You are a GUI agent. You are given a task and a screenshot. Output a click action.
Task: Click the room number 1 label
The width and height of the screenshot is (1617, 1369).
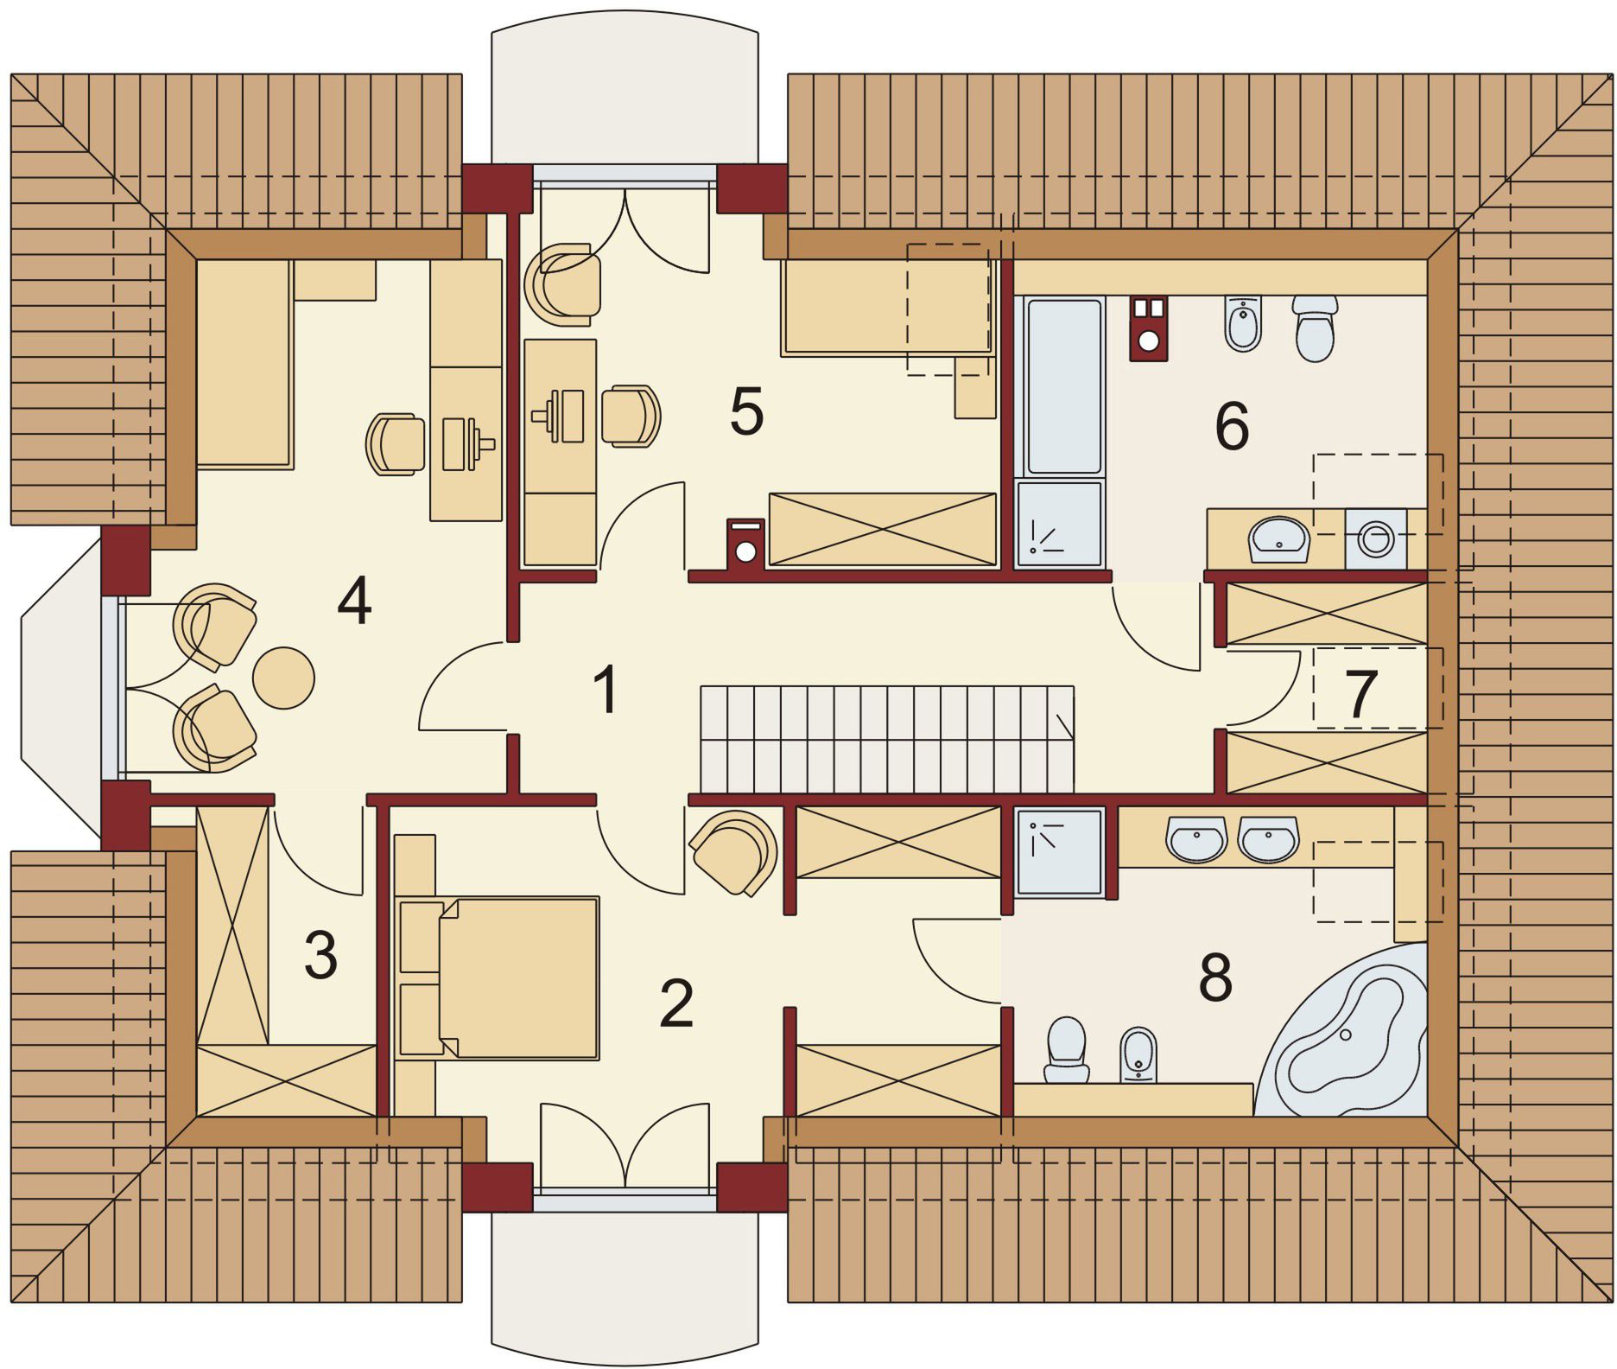coord(608,690)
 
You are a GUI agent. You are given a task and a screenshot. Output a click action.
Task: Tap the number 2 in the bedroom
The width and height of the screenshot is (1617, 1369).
coord(676,1003)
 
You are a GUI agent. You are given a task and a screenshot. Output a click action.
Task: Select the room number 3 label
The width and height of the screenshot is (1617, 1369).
coord(320,956)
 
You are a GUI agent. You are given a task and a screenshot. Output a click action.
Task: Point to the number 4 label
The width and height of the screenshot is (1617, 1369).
coord(354,601)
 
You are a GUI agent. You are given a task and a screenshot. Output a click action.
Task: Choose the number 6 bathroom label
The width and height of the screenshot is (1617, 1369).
coord(1232,426)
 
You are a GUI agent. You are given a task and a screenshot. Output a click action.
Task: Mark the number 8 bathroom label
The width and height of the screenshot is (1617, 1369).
coord(1215,977)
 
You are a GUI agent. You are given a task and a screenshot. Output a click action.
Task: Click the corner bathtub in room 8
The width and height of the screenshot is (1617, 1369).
coord(1347,1037)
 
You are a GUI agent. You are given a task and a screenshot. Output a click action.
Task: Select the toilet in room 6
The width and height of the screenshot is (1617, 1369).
coord(1316,328)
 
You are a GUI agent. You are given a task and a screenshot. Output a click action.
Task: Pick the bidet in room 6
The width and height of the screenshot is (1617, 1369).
coord(1244,324)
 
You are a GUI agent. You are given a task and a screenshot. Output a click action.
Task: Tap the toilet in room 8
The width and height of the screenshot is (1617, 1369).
coord(1067,1049)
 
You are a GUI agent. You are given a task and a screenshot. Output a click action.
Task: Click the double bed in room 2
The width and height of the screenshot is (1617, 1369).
coord(499,977)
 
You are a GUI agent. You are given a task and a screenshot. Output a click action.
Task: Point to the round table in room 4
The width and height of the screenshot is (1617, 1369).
coord(283,678)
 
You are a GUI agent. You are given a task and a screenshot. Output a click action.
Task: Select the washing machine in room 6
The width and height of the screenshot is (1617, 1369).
coord(1375,538)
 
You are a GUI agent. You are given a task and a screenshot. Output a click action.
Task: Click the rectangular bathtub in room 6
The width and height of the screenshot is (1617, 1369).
coord(1062,387)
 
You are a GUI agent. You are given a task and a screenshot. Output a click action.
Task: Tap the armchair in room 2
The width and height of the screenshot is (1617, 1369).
coord(734,851)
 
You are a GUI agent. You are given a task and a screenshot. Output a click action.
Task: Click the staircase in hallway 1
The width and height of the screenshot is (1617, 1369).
coord(888,739)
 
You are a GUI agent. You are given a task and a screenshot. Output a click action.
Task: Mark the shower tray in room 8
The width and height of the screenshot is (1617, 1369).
coord(1060,851)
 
